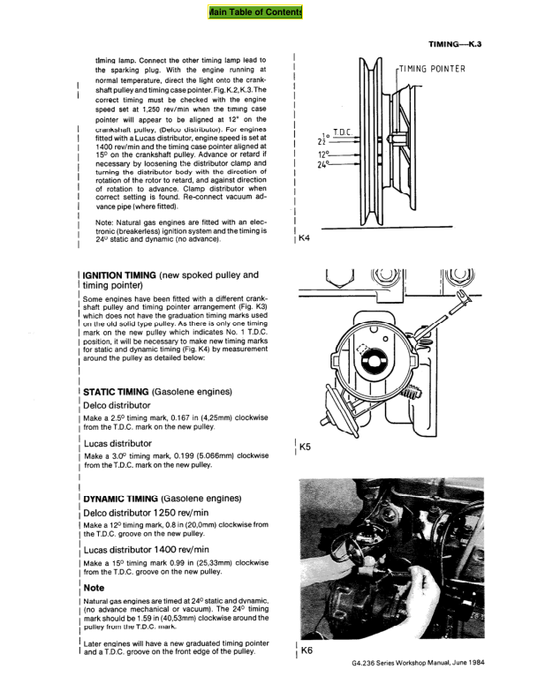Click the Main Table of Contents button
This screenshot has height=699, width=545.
tap(255, 12)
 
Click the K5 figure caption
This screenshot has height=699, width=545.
tap(306, 447)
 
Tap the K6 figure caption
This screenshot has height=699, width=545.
tap(307, 650)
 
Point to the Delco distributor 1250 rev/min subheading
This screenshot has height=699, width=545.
tap(146, 513)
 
